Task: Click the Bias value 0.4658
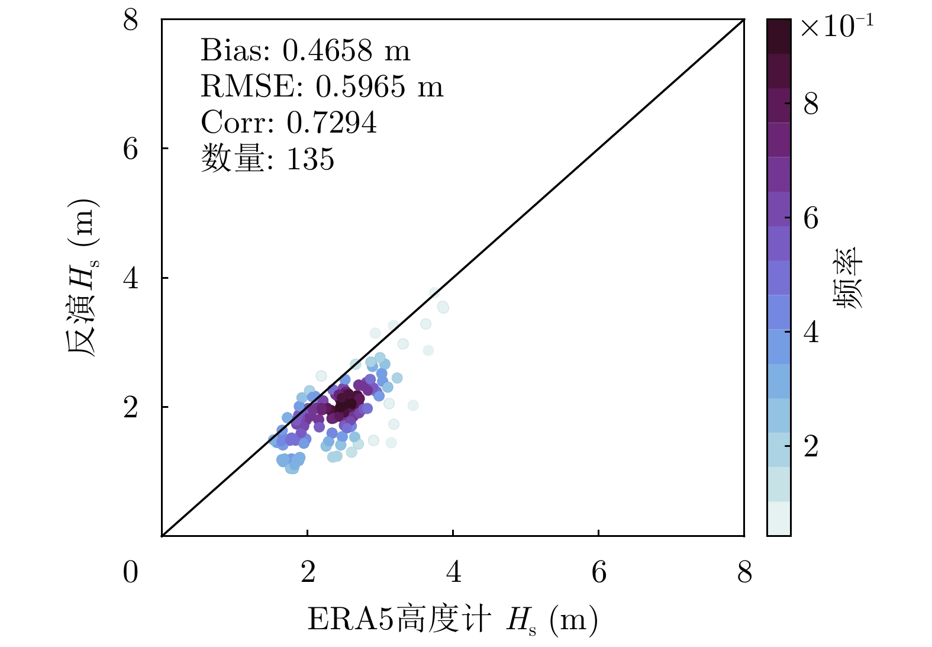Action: click(x=327, y=51)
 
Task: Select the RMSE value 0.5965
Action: click(x=360, y=87)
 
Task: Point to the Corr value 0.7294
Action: click(x=331, y=123)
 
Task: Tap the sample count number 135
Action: click(x=310, y=159)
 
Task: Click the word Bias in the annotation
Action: click(x=235, y=51)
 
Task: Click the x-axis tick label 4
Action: click(x=453, y=572)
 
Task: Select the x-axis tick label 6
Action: click(x=599, y=572)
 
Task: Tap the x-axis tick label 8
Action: click(x=744, y=572)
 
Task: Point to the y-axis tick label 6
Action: click(x=131, y=149)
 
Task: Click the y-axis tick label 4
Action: click(x=131, y=278)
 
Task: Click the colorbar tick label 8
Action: click(x=811, y=104)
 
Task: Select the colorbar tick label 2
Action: click(x=811, y=446)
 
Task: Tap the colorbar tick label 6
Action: click(x=811, y=218)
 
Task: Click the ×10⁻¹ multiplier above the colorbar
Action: click(x=836, y=26)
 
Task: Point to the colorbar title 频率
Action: click(x=849, y=278)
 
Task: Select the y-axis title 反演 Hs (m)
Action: click(x=81, y=278)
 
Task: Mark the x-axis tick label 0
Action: click(x=131, y=572)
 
